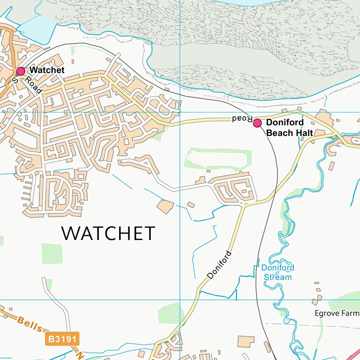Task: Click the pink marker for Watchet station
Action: coord(21,71)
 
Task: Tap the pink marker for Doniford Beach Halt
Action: coord(257,123)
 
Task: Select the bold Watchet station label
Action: coord(47,70)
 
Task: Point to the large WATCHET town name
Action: coord(108,233)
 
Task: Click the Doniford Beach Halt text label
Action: coord(289,127)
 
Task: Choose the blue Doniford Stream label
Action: coord(277,272)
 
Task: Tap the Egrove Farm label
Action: coord(337,313)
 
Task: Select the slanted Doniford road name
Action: coord(219,265)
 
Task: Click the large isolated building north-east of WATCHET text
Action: coord(165,207)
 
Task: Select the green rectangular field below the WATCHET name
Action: coord(52,254)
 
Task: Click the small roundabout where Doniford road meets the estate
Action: coord(242,203)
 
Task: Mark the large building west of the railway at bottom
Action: coord(246,341)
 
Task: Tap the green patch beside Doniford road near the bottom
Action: coord(170,313)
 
